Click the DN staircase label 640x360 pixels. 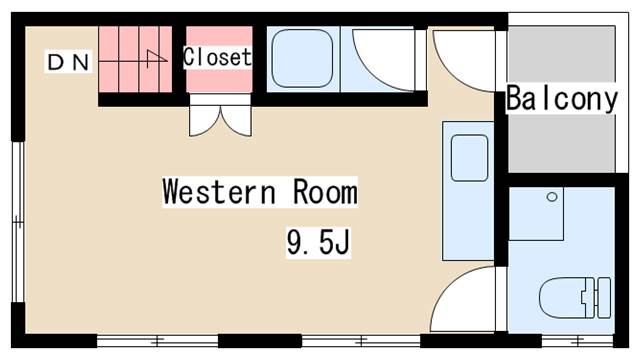pos(68,62)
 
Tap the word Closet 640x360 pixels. pos(218,57)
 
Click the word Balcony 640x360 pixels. pos(562,99)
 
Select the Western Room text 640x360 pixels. pos(260,192)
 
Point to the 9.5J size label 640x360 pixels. pos(318,242)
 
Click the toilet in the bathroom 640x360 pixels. pos(575,298)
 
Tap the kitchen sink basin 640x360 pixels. pos(469,158)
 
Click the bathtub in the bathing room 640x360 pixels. pos(302,58)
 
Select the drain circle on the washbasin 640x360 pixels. pos(552,197)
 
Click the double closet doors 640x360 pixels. pos(220,121)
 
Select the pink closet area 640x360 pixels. pos(219,59)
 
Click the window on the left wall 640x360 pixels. pos(18,222)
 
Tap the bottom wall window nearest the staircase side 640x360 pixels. pos(158,341)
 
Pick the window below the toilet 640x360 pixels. pos(578,340)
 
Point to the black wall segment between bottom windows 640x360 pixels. pos(260,341)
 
